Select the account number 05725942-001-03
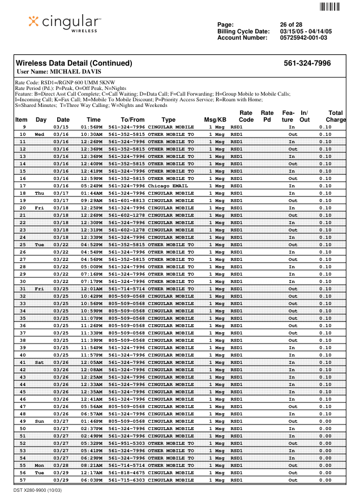[x=303, y=38]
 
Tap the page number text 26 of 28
[x=291, y=25]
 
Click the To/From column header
[x=132, y=120]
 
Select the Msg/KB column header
[x=215, y=120]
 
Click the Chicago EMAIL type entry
[x=168, y=186]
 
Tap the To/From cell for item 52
[x=126, y=443]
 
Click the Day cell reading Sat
[x=40, y=362]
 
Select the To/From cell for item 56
[x=126, y=473]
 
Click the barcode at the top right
[x=330, y=7]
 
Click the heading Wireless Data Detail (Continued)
[x=74, y=63]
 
